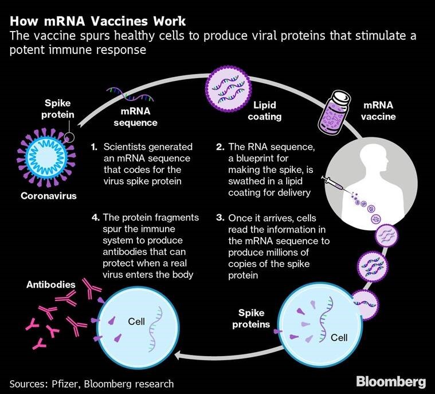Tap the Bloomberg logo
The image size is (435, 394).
click(391, 381)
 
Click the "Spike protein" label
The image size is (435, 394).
click(60, 109)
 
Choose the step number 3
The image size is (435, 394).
click(220, 219)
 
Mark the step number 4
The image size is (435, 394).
click(94, 218)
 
